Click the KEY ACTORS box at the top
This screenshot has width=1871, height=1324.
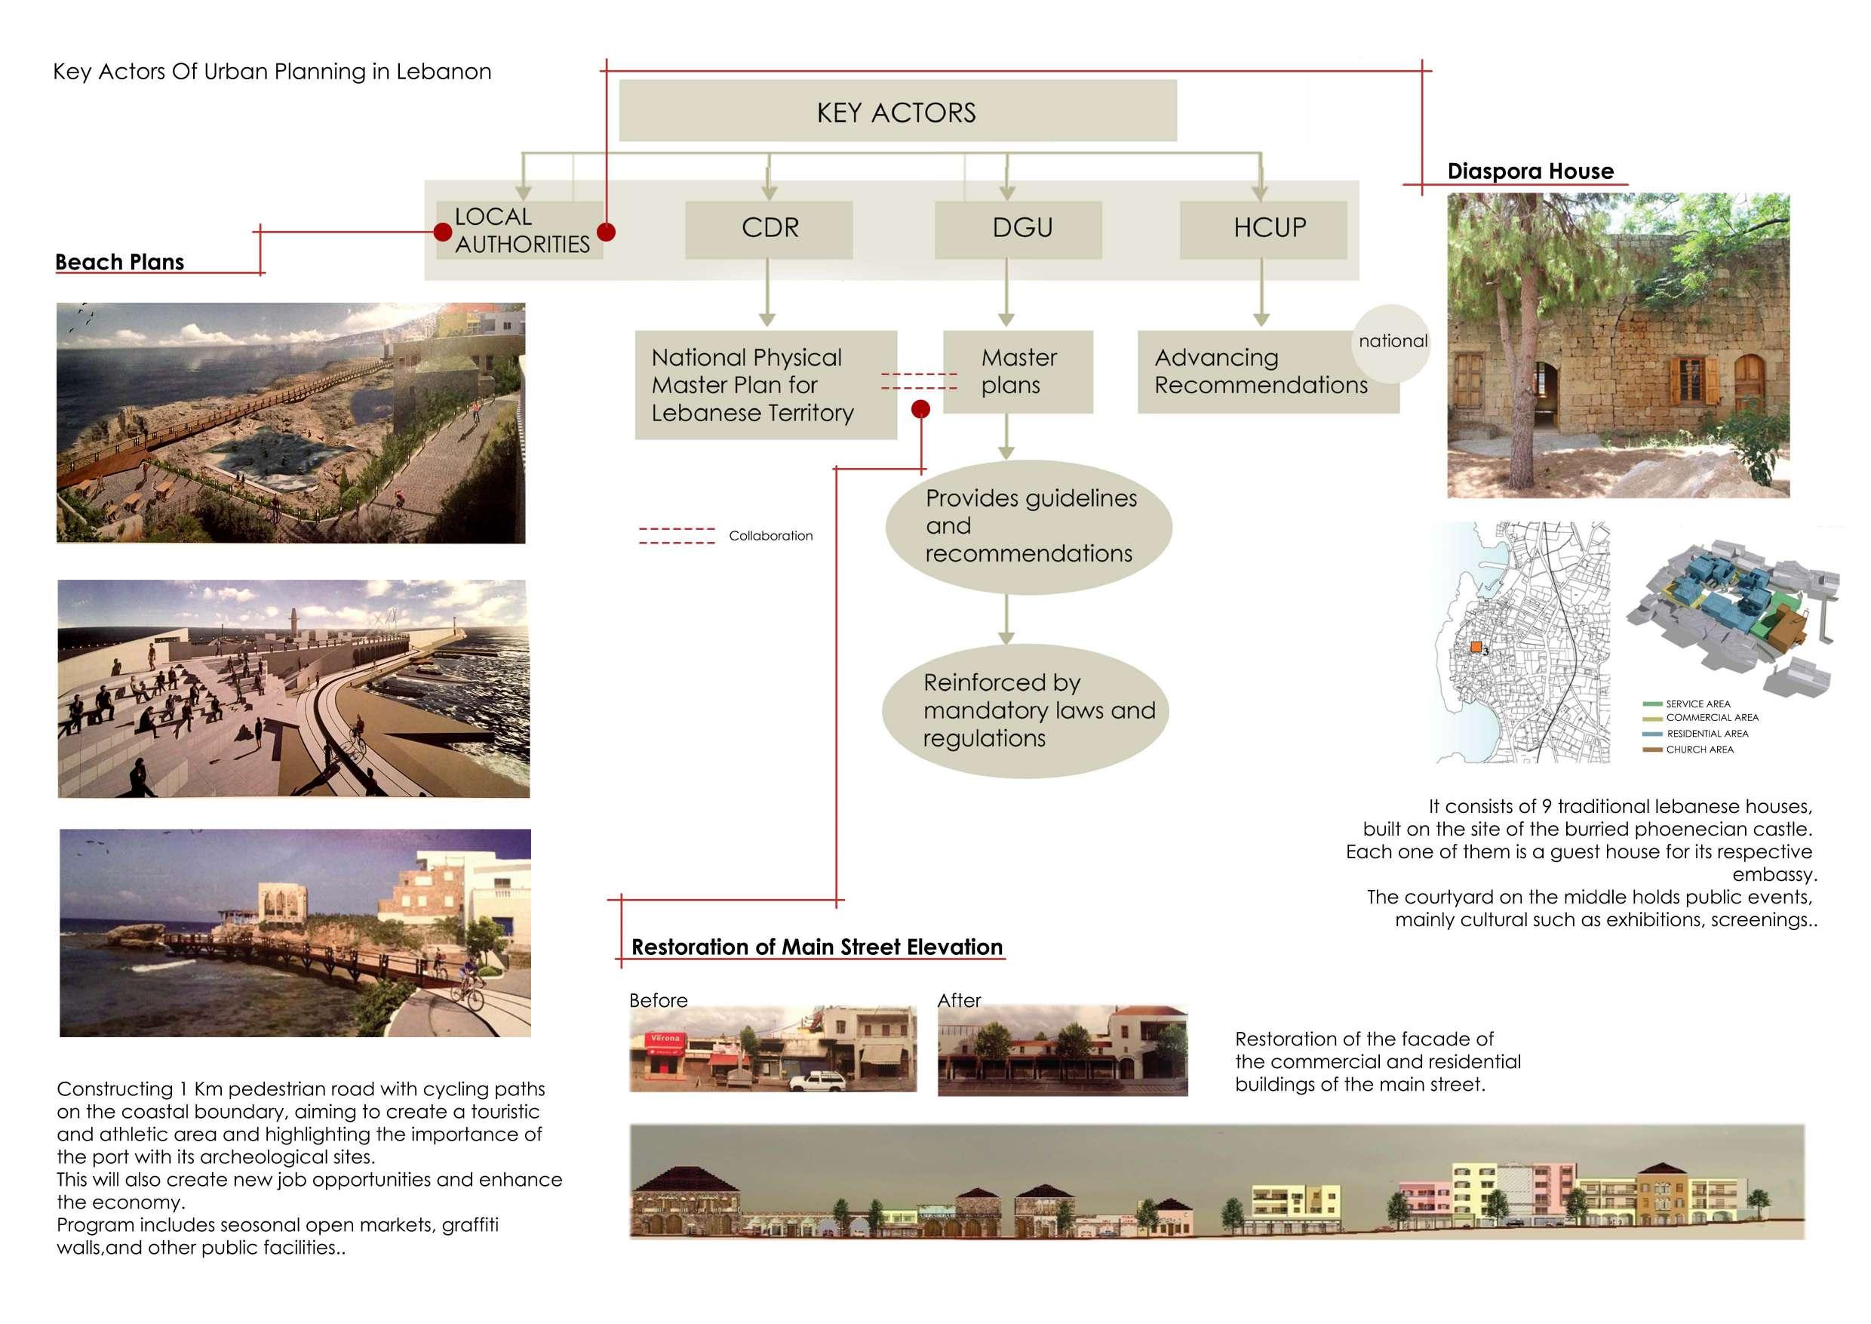pyautogui.click(x=897, y=111)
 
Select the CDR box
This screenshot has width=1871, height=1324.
pyautogui.click(x=769, y=228)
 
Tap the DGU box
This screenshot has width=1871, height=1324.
pyautogui.click(x=1018, y=228)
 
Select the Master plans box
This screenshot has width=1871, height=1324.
pyautogui.click(x=1018, y=372)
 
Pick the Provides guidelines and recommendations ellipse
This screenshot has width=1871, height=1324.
pyautogui.click(x=1028, y=527)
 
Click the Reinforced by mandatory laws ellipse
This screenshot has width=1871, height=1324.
pyautogui.click(x=1025, y=711)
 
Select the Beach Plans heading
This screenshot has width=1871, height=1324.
pyautogui.click(x=120, y=263)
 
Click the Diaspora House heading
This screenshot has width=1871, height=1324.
pyautogui.click(x=1529, y=172)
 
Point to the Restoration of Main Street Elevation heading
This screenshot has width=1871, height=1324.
pyautogui.click(x=816, y=947)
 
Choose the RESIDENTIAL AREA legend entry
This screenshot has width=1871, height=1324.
pyautogui.click(x=1707, y=734)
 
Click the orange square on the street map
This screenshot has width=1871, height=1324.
pyautogui.click(x=1475, y=648)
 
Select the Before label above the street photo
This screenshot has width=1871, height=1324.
pyautogui.click(x=658, y=1001)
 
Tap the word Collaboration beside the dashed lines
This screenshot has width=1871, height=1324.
pyautogui.click(x=770, y=537)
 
